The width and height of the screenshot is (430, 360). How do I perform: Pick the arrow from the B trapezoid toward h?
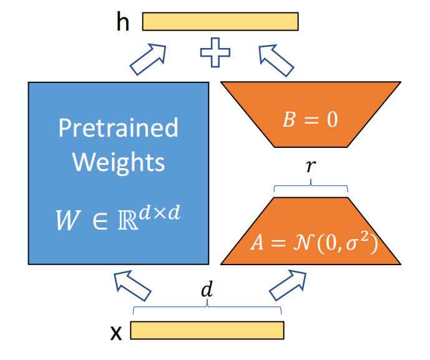pos(276,59)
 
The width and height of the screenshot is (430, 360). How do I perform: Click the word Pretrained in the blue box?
pos(118,129)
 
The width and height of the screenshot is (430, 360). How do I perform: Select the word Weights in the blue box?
pos(118,162)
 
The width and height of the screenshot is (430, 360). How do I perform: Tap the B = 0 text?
pos(310,119)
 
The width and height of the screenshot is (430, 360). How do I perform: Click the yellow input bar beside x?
pos(207,329)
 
